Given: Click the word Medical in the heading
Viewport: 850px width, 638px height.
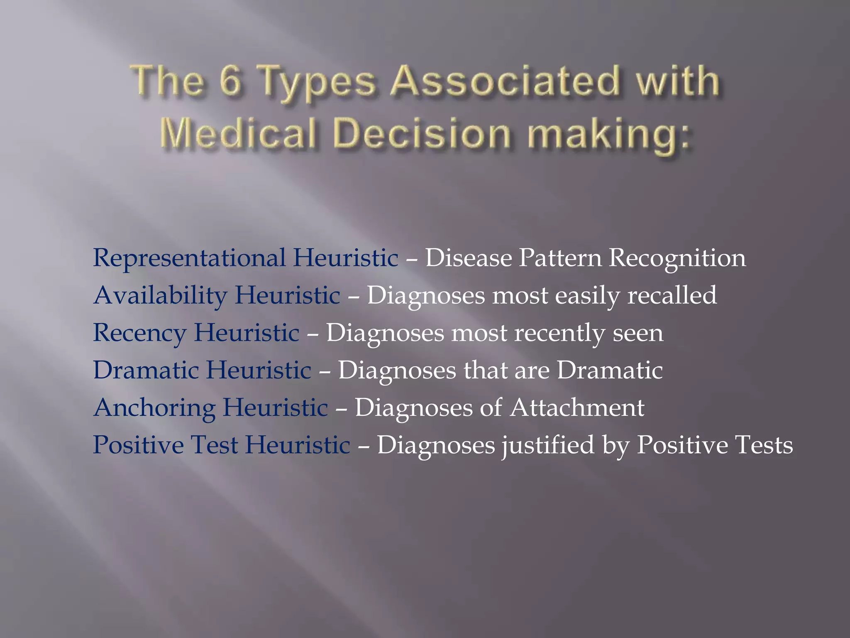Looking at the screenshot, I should [241, 134].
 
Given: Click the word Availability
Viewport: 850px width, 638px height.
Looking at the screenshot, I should [160, 296].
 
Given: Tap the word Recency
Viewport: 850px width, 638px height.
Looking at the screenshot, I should [139, 333].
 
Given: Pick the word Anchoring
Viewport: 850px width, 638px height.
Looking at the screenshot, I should [154, 408].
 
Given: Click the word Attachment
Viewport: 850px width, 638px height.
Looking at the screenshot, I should [577, 408].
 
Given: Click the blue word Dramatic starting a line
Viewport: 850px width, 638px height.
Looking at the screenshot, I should [146, 371].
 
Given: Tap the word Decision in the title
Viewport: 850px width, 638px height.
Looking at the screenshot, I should [422, 134].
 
